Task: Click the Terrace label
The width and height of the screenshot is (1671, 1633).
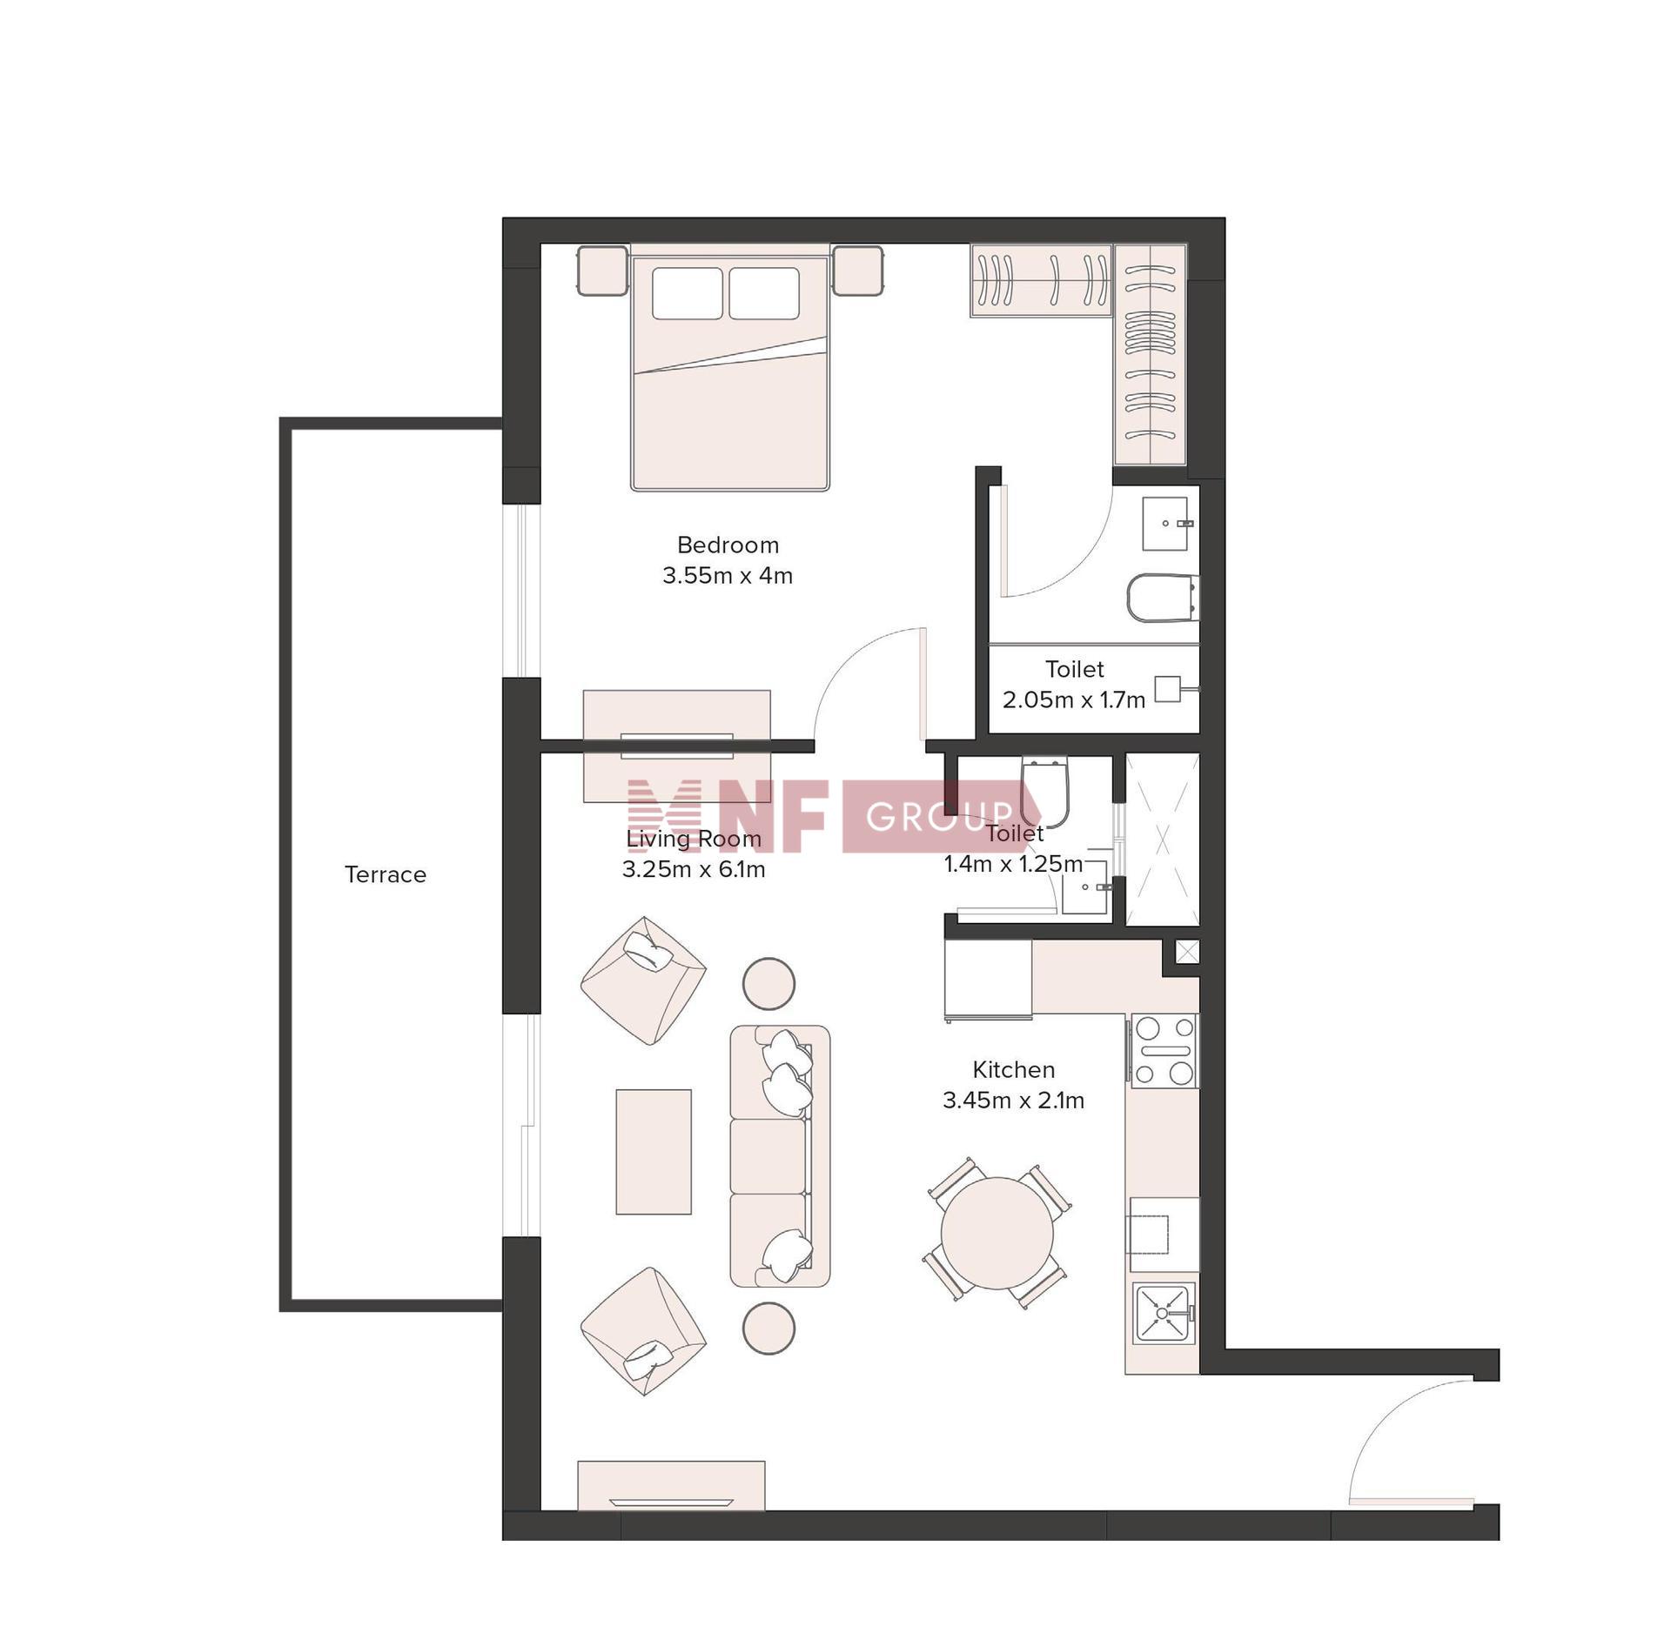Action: [385, 874]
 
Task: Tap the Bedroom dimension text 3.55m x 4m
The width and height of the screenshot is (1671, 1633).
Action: [728, 576]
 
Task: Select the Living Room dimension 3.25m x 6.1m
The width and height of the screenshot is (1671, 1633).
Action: [694, 869]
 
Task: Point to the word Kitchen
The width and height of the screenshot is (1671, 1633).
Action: [1013, 1069]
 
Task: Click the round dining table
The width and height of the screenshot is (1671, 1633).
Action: [997, 1234]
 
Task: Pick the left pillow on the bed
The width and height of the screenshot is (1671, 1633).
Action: [687, 293]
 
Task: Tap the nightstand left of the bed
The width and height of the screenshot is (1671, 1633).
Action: [602, 271]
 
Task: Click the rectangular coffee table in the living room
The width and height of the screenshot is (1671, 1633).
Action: [654, 1151]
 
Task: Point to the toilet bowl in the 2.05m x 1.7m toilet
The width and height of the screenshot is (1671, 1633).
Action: [1163, 598]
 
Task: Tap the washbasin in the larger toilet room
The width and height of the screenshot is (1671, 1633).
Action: [1164, 524]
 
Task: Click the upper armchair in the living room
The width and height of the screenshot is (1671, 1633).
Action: [643, 980]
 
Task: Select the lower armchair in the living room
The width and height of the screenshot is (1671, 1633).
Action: [643, 1331]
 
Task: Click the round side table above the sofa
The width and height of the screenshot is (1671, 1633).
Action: [768, 984]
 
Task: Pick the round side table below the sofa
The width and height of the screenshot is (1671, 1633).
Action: [768, 1328]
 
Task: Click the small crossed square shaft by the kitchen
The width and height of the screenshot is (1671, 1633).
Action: [1187, 952]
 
